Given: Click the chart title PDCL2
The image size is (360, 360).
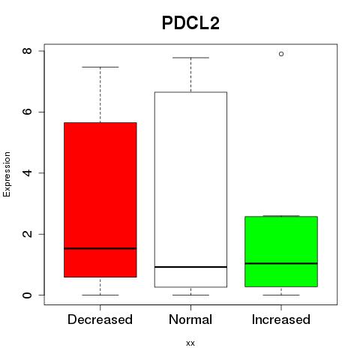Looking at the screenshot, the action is point(190,23).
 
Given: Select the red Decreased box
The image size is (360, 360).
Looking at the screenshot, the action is point(100,199).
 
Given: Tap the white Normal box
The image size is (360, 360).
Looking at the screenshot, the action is point(190,190).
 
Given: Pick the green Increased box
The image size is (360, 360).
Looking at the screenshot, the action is point(281,251).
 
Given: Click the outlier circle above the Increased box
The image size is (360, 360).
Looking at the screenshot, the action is point(281,54).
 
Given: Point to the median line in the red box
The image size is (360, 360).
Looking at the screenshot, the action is point(100,248).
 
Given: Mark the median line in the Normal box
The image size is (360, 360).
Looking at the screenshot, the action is point(190,267).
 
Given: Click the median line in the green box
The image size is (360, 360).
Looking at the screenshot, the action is point(281,263).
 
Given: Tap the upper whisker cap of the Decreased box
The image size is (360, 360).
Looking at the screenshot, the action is point(100,67).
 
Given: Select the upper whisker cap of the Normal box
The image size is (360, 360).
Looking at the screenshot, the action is point(190,58).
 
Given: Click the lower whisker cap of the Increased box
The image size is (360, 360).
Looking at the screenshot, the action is point(281,295).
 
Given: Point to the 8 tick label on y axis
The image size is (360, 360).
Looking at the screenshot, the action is point(27,51).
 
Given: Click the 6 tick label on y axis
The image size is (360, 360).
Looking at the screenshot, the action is point(27,112).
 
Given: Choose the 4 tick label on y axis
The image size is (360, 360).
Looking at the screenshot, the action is point(27,172).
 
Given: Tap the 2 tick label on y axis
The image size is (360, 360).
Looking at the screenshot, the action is point(27,234).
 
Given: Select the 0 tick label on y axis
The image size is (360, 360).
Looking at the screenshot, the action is point(27,295).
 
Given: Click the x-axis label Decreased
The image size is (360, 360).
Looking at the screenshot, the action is point(100,319).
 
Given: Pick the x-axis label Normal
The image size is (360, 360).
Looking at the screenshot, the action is point(190,319).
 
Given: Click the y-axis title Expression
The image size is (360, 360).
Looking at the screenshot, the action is point(7,174).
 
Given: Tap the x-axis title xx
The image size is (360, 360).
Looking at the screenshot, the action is point(190,343).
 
